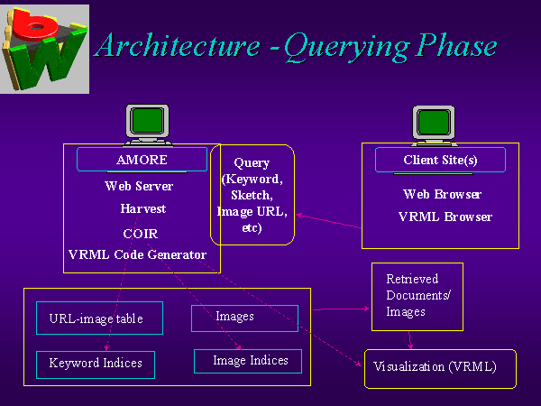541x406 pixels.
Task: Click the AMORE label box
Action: point(142,160)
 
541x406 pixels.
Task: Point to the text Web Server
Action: point(139,187)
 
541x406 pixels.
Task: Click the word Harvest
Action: point(142,208)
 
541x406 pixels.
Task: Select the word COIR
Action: point(140,233)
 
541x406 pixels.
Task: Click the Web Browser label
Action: point(442,194)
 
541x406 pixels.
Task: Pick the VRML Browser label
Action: point(445,217)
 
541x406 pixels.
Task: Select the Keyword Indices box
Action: point(96,364)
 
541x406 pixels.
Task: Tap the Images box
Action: point(244,318)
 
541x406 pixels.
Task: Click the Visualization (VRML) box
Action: point(440,368)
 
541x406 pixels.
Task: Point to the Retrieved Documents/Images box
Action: point(417,295)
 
